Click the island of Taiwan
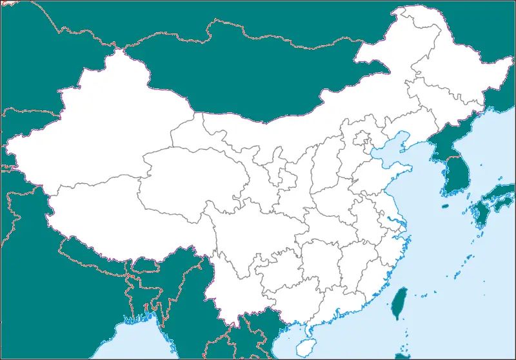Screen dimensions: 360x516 coord(399,302)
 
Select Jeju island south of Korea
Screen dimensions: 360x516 coord(444,206)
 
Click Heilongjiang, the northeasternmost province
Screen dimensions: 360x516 coord(451,65)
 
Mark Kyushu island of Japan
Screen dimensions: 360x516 coord(481,216)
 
